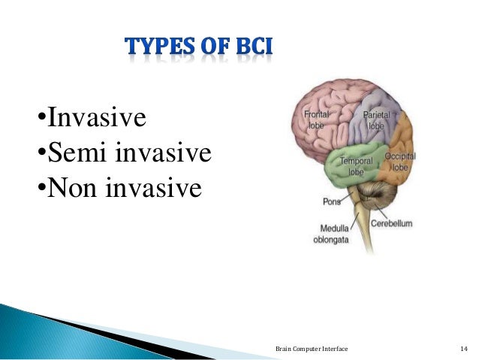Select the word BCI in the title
pos(252,47)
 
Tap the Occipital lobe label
pos(399,161)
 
